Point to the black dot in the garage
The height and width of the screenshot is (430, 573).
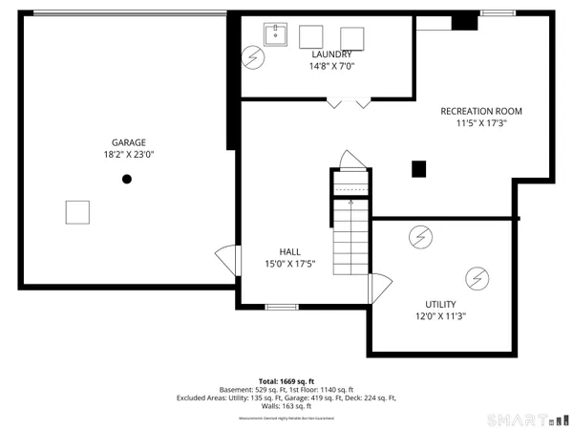(x=126, y=179)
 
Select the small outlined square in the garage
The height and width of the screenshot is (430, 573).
(x=77, y=212)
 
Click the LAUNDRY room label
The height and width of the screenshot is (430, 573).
(x=330, y=54)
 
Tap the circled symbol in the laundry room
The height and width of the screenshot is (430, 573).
(x=254, y=57)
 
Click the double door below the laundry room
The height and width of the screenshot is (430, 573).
(x=348, y=103)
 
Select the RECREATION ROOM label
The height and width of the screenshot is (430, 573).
(x=481, y=111)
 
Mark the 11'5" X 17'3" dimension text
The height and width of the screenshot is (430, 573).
(x=481, y=123)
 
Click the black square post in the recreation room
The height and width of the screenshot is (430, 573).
(x=418, y=169)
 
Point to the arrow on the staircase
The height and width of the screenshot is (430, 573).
(x=350, y=203)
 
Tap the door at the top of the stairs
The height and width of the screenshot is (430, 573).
(x=350, y=160)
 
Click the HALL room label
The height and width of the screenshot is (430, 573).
(x=290, y=252)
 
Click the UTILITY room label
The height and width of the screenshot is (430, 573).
(x=440, y=304)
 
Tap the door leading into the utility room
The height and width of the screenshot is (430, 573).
(x=380, y=284)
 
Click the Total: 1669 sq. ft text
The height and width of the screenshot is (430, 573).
(x=286, y=380)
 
